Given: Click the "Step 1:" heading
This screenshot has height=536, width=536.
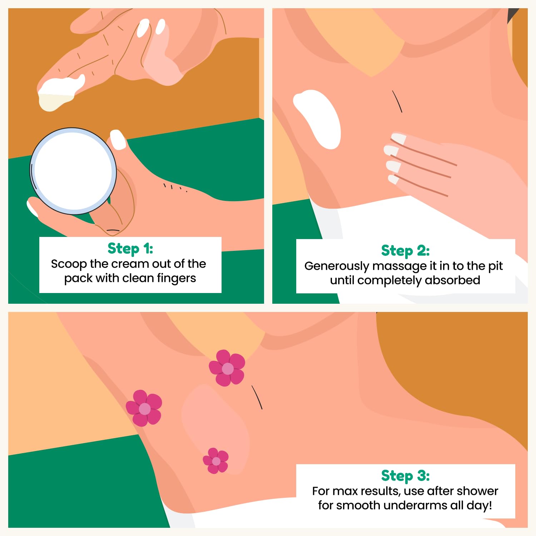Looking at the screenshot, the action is pos(130,248).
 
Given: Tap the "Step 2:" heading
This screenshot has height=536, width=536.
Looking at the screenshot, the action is pos(406,250).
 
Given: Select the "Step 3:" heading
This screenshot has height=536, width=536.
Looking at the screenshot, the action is pos(406,476).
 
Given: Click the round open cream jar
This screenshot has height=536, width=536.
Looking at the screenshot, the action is pos(73,171).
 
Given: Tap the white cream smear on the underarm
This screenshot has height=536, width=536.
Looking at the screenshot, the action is pos(317,119).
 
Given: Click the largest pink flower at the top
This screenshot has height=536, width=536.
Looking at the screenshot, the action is pos(227,368).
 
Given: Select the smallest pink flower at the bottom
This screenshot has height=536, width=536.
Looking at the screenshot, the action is pos(216,461).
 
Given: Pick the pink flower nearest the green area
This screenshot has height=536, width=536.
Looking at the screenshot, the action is pos(144,408).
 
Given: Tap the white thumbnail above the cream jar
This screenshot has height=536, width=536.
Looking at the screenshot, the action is pos(118,139).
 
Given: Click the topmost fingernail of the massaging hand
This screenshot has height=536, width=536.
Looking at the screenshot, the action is pos(398,138).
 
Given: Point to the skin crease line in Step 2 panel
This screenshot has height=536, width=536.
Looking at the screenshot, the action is pos(397,101).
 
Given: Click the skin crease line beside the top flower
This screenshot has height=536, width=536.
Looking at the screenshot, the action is pos(257,397).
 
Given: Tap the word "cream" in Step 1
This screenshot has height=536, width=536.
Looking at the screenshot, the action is pos(130,264).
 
